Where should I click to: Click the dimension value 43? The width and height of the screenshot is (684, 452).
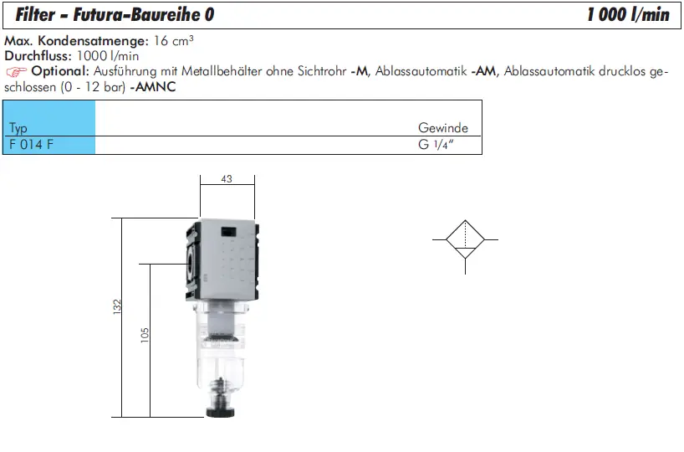[x=227, y=178]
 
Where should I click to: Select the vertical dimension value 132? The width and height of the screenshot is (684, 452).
[x=117, y=306]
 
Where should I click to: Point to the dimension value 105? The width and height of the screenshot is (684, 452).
[x=145, y=336]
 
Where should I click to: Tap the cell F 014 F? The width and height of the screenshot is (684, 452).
[x=31, y=144]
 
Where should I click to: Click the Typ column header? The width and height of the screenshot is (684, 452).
[x=18, y=128]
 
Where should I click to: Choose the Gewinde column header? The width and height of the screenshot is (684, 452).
[x=443, y=127]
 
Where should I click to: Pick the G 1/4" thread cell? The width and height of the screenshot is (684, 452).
[x=436, y=144]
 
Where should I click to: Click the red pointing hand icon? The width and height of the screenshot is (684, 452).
[x=16, y=71]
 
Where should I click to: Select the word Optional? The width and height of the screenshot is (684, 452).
[x=59, y=71]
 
